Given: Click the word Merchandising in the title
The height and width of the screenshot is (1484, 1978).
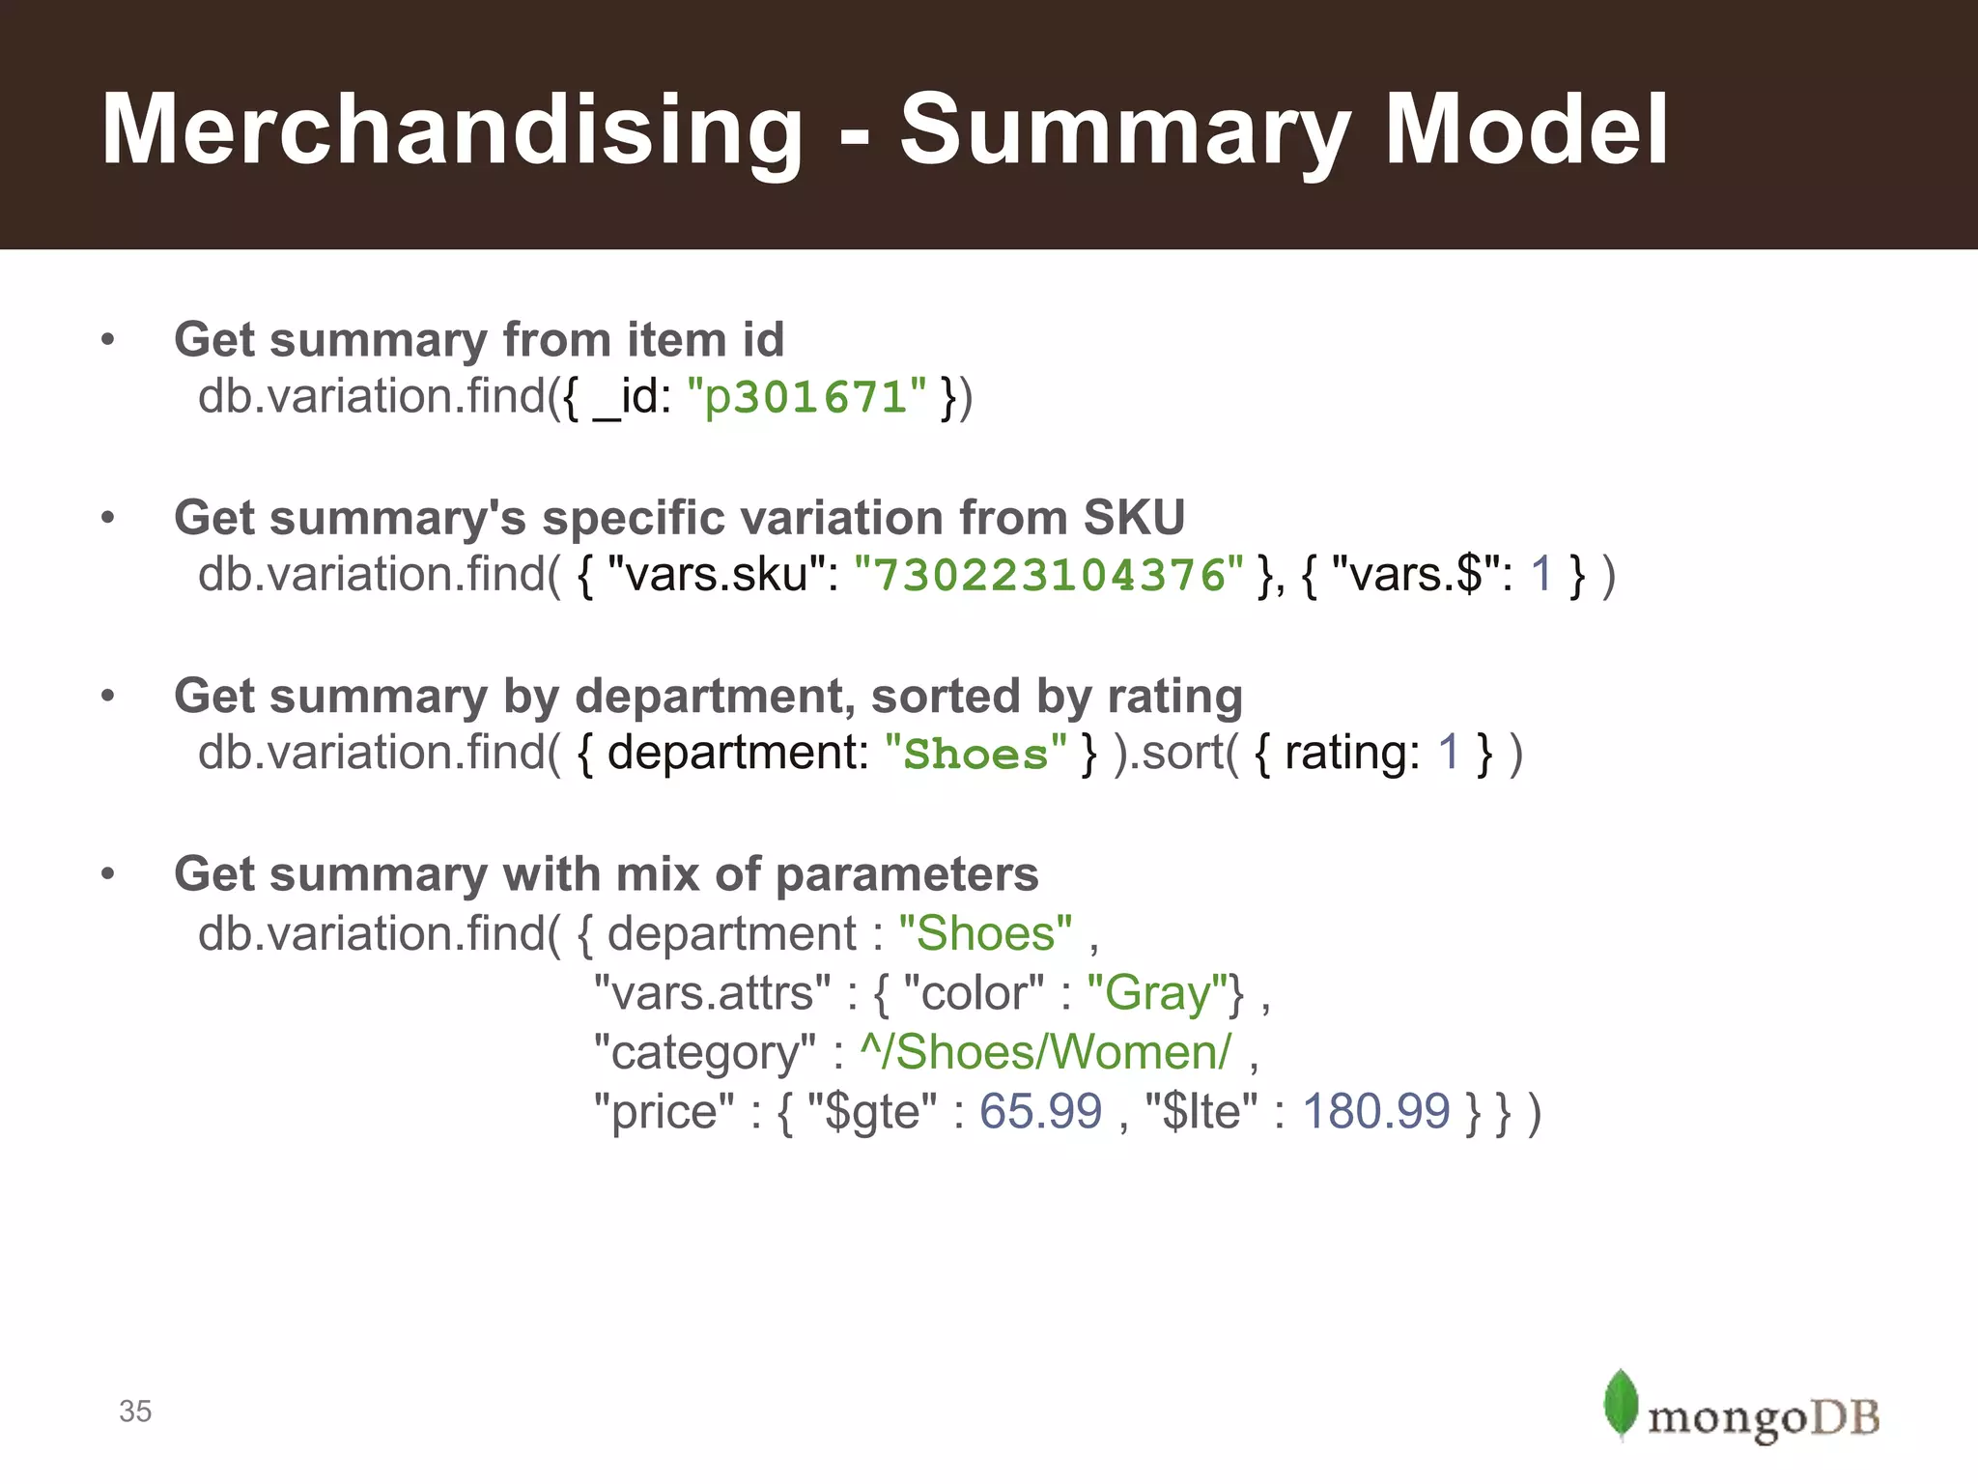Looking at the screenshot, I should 452,130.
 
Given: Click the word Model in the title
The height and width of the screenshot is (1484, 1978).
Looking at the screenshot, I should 1526,130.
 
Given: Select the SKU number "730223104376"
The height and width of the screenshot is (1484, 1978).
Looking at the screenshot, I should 1050,575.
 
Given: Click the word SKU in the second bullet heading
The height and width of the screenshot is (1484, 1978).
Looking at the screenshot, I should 1134,518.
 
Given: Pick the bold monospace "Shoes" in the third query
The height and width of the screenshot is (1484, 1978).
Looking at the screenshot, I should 975,754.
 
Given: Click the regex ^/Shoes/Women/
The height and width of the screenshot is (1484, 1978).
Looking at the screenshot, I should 1046,1052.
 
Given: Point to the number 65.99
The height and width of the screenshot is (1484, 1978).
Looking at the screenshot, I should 1040,1111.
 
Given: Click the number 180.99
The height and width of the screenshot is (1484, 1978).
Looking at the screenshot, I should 1375,1111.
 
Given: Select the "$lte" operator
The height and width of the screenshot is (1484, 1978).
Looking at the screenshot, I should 1201,1111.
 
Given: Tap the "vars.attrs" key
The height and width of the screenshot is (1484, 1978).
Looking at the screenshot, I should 712,993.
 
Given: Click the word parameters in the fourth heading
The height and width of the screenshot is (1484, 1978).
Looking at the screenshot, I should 907,874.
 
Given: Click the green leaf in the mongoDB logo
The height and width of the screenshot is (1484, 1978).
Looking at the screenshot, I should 1620,1403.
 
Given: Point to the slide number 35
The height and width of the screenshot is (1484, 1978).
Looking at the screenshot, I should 135,1412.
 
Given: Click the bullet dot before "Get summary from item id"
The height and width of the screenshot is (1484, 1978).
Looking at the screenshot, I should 108,339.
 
